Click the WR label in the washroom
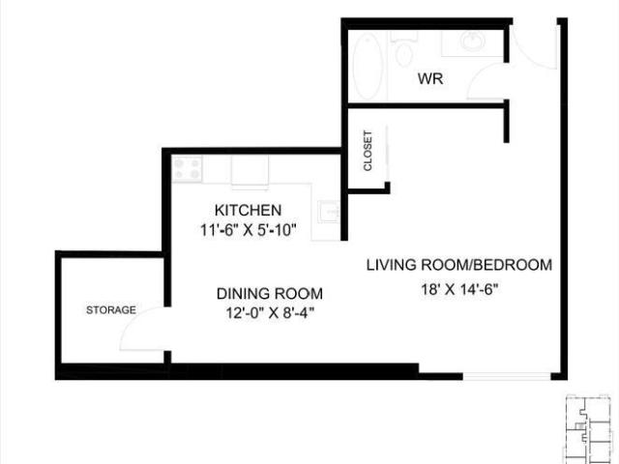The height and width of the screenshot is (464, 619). click(x=430, y=79)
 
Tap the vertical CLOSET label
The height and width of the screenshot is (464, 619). click(x=368, y=152)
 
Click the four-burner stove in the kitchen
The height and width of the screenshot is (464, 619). click(x=187, y=169)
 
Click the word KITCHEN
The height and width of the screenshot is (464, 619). click(x=248, y=210)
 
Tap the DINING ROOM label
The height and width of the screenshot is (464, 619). click(x=269, y=293)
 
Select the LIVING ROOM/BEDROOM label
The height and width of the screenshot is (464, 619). click(x=458, y=265)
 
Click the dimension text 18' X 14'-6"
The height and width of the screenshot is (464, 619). click(x=458, y=287)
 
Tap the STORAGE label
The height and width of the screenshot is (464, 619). click(x=110, y=310)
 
